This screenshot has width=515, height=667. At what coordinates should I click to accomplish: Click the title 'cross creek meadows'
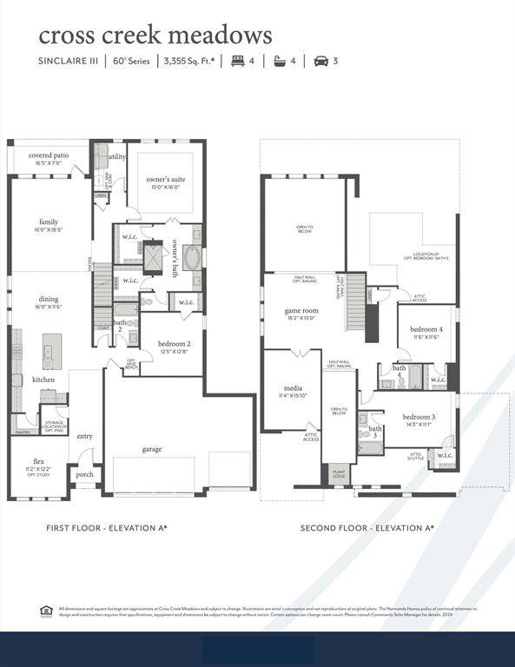(x=155, y=36)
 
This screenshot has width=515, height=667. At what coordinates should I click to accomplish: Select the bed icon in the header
(x=237, y=61)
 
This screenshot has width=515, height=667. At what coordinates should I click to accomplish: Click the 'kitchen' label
(x=43, y=380)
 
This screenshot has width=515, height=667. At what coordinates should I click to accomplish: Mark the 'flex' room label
(x=38, y=461)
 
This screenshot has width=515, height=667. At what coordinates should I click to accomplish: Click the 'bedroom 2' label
(x=174, y=344)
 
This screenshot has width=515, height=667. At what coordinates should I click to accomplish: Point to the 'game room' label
(x=301, y=311)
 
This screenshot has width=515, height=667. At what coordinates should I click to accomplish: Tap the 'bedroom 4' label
(x=426, y=330)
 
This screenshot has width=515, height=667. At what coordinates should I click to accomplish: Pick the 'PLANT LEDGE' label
(x=339, y=473)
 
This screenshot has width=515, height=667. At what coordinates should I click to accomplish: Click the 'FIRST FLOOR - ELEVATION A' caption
(x=107, y=527)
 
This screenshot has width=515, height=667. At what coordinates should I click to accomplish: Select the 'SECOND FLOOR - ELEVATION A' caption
(x=367, y=527)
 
